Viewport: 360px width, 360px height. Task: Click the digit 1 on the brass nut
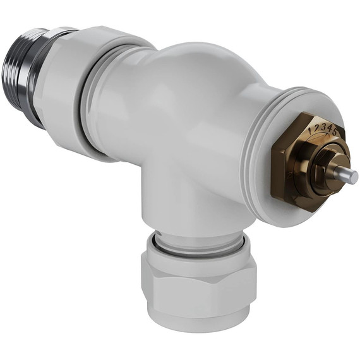309,129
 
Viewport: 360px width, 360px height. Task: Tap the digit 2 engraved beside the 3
315,126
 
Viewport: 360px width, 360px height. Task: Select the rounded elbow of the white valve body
189,107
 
